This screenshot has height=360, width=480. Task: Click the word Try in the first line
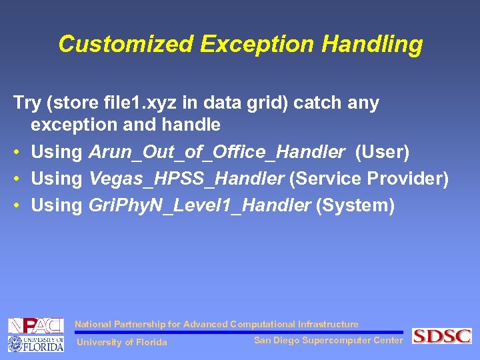(27, 103)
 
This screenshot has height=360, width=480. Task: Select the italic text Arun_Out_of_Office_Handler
(217, 152)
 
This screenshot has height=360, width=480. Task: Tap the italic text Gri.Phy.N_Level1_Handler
(199, 205)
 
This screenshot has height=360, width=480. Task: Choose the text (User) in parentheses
(383, 152)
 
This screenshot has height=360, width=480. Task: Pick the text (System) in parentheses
(355, 205)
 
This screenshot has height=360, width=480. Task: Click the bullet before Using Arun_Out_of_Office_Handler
(17, 153)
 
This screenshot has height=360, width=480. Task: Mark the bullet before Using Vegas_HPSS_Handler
(17, 179)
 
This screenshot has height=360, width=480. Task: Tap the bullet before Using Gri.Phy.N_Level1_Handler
(17, 206)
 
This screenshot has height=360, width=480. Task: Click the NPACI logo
(35, 326)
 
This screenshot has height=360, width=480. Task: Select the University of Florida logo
(35, 343)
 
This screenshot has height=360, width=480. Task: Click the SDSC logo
(441, 336)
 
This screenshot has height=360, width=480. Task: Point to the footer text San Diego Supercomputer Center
(328, 341)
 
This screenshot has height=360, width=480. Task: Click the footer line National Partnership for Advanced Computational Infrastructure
(216, 325)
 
